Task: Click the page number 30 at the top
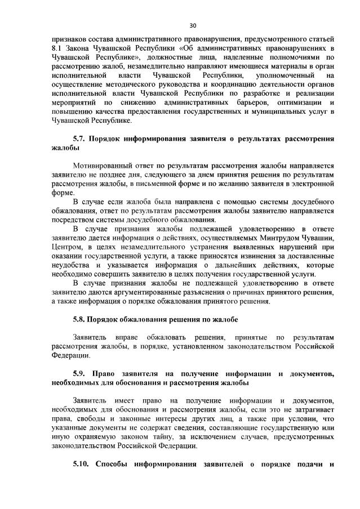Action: coord(193,26)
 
